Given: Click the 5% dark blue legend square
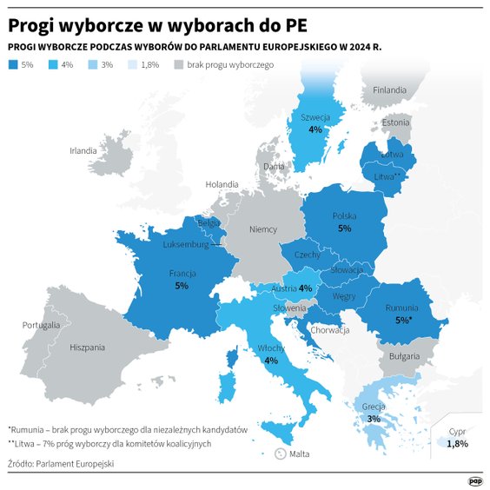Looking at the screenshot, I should pyautogui.click(x=12, y=64).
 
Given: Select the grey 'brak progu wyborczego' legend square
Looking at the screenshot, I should pyautogui.click(x=180, y=64).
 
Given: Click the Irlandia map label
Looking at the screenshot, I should pyautogui.click(x=83, y=150).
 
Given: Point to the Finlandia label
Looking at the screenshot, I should pyautogui.click(x=389, y=89).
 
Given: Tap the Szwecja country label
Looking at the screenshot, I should pyautogui.click(x=315, y=117).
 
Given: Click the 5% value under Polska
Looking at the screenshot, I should pyautogui.click(x=344, y=228).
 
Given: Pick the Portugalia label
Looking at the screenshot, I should pyautogui.click(x=42, y=324).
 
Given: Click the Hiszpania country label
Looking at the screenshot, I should pyautogui.click(x=87, y=347).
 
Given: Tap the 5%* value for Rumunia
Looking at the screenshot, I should pyautogui.click(x=403, y=320).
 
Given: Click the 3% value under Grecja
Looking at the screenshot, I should pyautogui.click(x=374, y=418).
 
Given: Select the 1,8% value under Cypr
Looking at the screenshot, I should pyautogui.click(x=457, y=443).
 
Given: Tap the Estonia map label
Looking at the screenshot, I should pyautogui.click(x=395, y=122).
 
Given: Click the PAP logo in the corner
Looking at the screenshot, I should pyautogui.click(x=474, y=479).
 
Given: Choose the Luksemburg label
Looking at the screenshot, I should pyautogui.click(x=186, y=245).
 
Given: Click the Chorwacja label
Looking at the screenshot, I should pyautogui.click(x=329, y=330).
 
